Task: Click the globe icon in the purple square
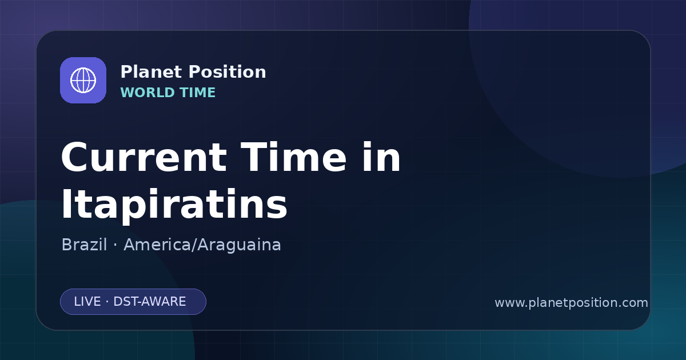(x=83, y=80)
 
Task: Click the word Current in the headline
(x=144, y=157)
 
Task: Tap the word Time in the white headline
(x=293, y=157)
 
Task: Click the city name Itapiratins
(x=174, y=204)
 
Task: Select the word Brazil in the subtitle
(x=84, y=245)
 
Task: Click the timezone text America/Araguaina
(x=202, y=245)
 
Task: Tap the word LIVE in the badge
(x=87, y=302)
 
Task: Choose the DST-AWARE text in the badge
(x=149, y=302)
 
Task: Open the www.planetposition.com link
(x=571, y=303)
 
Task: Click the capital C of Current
(x=74, y=157)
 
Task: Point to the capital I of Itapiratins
(x=65, y=204)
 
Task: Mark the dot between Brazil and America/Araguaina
(x=115, y=246)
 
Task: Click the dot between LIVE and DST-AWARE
(x=107, y=302)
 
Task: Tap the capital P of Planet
(x=126, y=72)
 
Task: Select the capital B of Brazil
(x=66, y=245)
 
